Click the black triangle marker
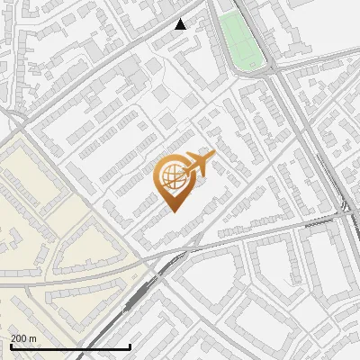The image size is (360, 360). [181, 24]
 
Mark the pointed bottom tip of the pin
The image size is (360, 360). [172, 211]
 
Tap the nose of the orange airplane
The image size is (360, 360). [214, 157]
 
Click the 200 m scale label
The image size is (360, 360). [23, 338]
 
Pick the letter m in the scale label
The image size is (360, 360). [32, 338]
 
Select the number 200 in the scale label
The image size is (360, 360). [19, 338]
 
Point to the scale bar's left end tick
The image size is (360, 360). [10, 345]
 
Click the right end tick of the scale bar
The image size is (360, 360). [130, 345]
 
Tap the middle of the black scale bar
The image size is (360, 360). [70, 346]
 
